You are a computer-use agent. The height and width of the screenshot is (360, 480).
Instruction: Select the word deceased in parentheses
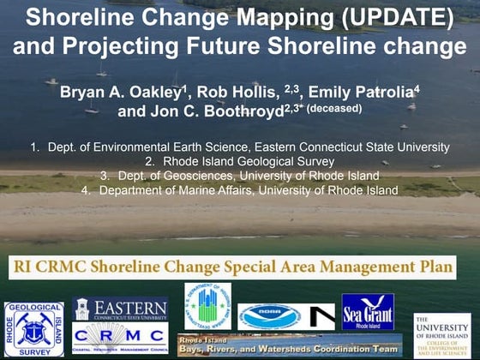[335, 109]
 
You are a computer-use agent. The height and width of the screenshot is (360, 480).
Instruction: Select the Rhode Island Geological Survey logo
[33, 328]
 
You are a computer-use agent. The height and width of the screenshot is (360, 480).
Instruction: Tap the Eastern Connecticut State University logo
[120, 309]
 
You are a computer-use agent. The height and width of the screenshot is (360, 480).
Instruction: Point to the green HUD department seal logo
[207, 307]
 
